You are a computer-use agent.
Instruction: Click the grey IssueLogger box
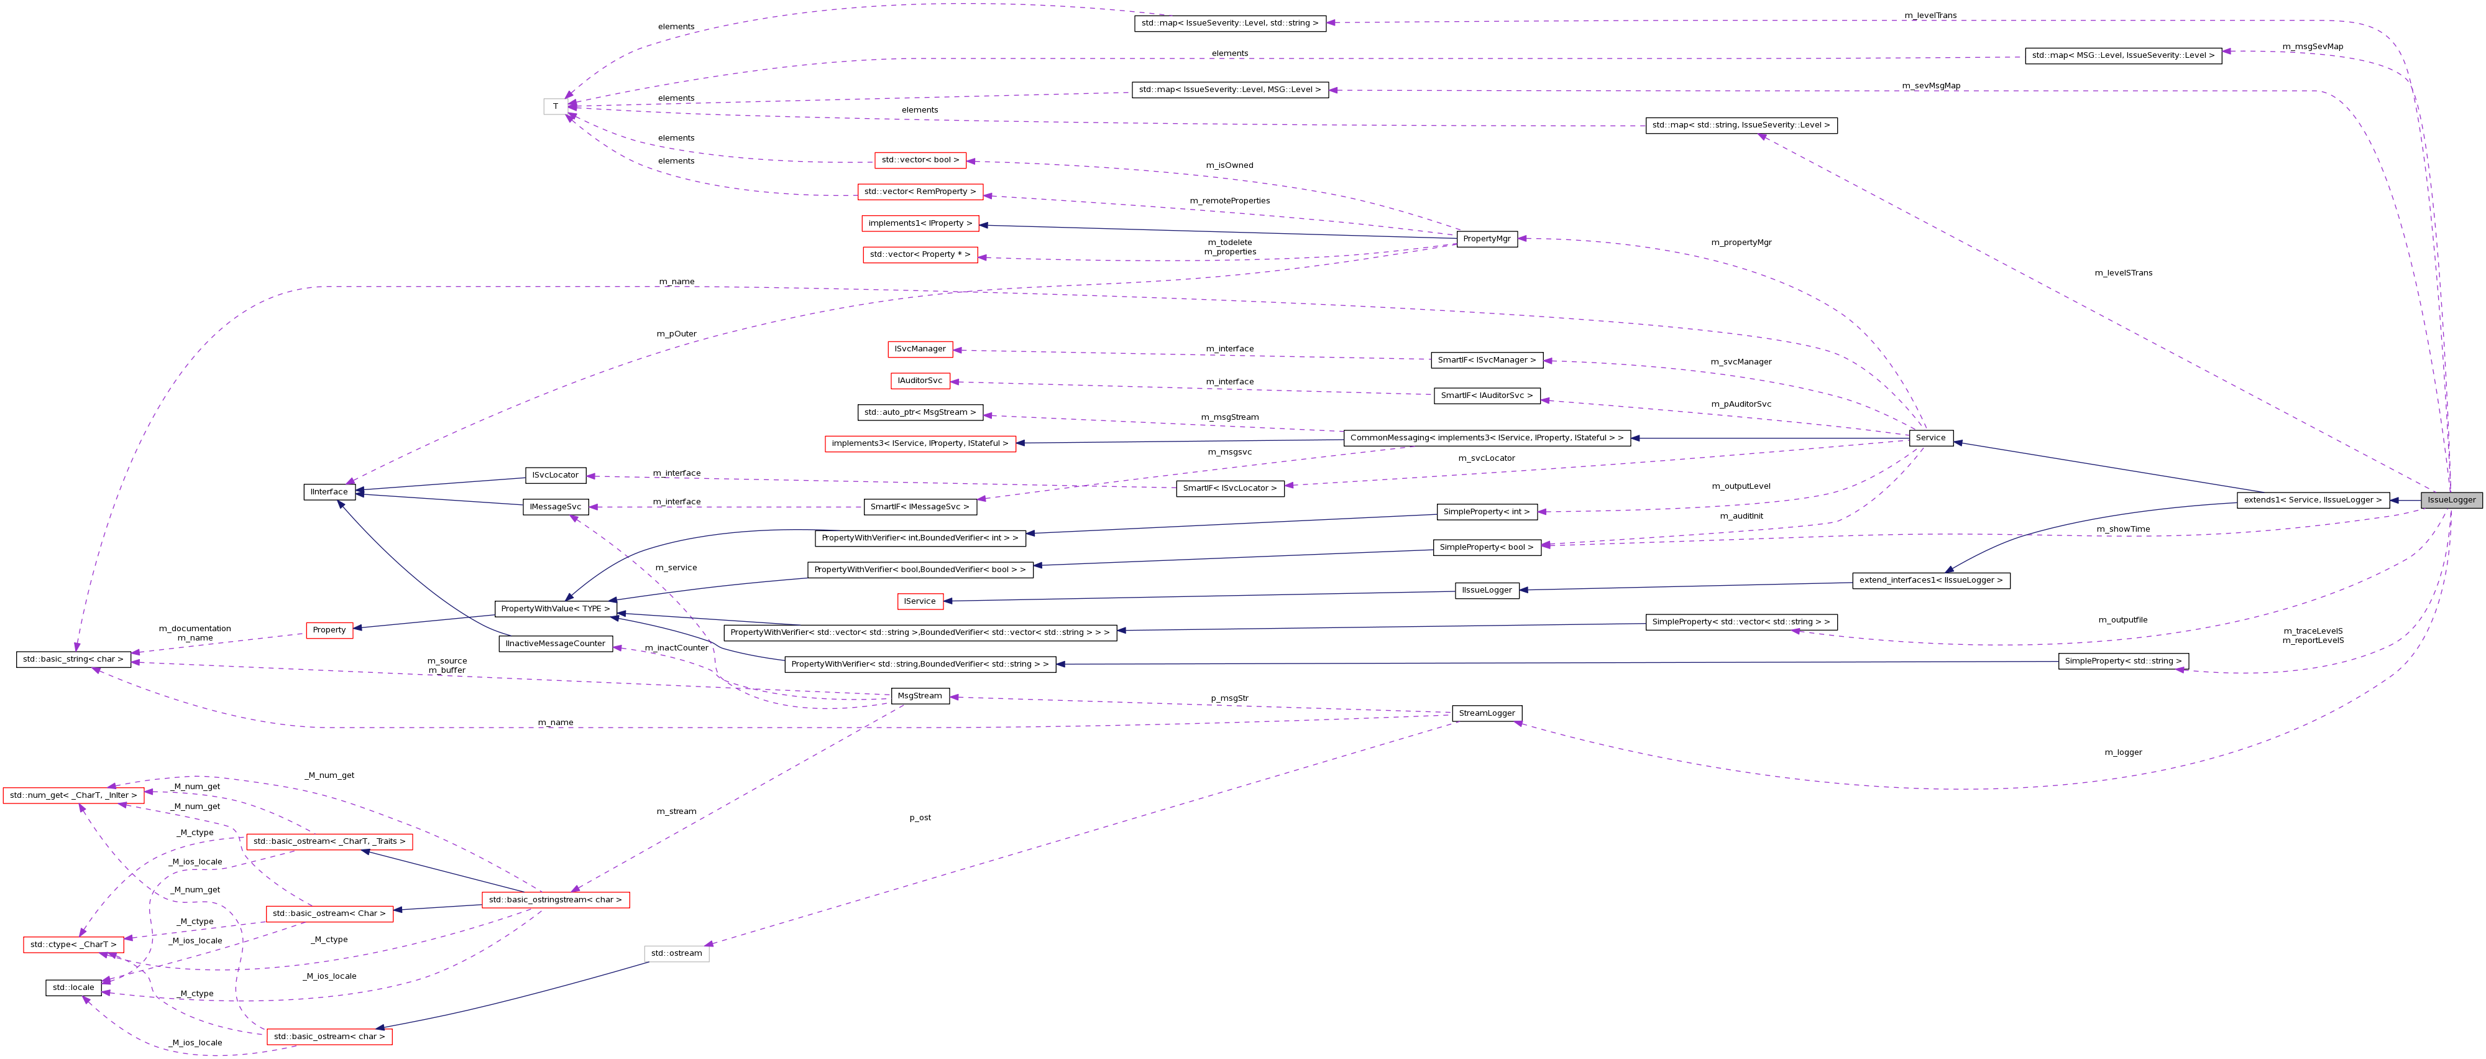pos(2451,500)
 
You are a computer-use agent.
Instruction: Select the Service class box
pos(1930,438)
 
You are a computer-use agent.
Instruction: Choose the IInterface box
pos(329,493)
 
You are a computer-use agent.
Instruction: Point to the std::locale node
pos(73,987)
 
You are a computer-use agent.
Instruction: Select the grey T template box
pos(555,106)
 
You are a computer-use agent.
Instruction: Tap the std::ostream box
pos(677,954)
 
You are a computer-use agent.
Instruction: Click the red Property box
pos(329,631)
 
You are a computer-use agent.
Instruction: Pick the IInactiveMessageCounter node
pos(555,644)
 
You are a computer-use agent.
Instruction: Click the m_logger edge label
pos(2123,752)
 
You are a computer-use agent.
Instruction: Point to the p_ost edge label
pos(920,818)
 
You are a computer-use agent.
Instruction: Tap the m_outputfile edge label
pos(2122,620)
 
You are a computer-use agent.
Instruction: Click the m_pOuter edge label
pos(677,334)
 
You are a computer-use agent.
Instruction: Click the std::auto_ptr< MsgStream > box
pos(920,412)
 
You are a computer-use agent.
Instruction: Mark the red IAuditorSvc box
pos(920,381)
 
